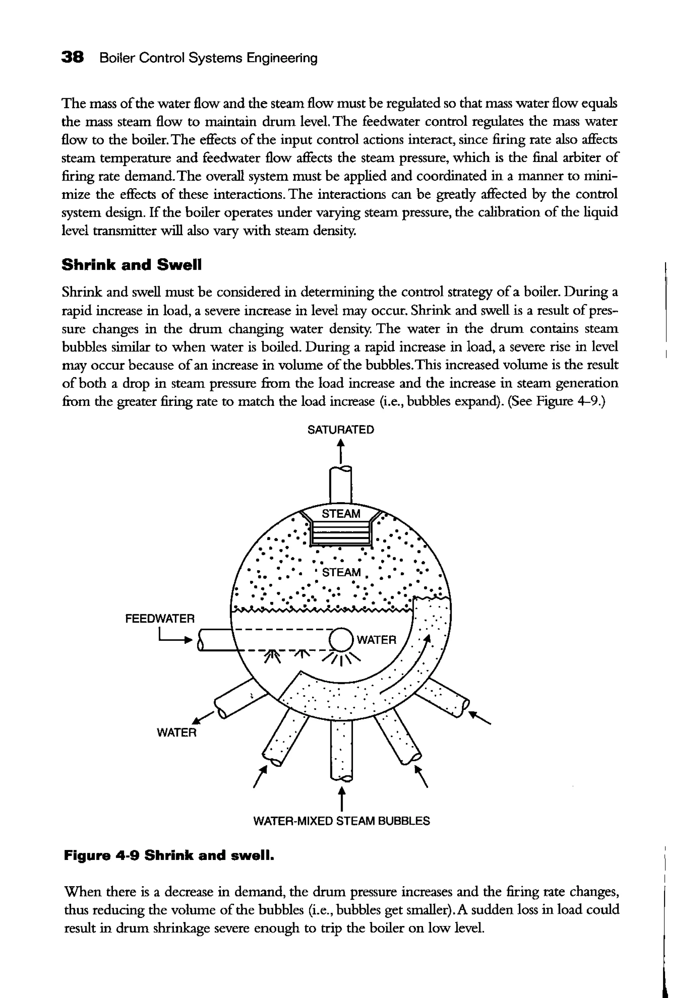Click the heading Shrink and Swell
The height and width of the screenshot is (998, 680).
(131, 265)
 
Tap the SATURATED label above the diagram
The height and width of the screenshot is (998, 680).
(341, 429)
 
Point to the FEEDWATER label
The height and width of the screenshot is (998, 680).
(160, 619)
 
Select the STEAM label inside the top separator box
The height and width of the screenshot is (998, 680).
(341, 513)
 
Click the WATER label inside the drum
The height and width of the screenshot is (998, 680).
(376, 640)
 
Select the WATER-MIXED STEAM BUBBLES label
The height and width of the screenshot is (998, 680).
(342, 821)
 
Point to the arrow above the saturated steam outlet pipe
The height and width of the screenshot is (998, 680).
(341, 451)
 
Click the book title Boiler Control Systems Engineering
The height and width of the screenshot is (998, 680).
(208, 58)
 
